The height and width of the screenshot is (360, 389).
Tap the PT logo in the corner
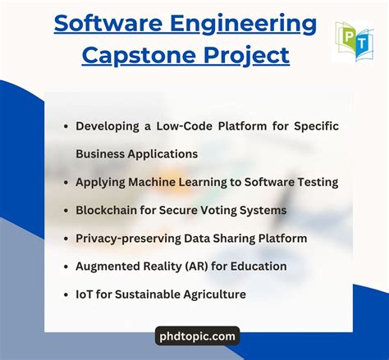click(x=354, y=42)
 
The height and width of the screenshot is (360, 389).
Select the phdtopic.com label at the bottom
click(x=197, y=335)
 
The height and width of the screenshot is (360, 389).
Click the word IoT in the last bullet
click(x=85, y=294)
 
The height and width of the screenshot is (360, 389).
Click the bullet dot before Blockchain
click(x=66, y=211)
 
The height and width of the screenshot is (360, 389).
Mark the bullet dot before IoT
click(x=66, y=294)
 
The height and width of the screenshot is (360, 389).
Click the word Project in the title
click(x=251, y=55)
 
